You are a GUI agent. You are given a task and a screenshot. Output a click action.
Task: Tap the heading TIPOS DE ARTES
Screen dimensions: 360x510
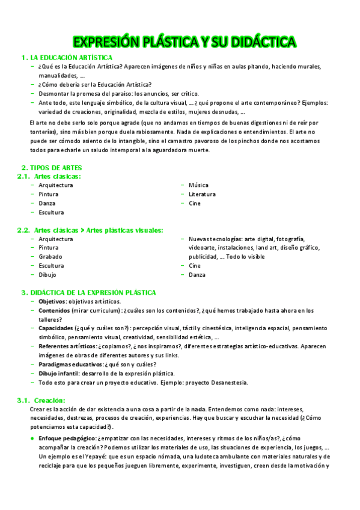(x=56, y=167)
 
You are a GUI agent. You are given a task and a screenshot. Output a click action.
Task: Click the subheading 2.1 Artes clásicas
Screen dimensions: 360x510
(x=57, y=176)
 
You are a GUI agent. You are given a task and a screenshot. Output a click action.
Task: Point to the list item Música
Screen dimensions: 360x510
(x=199, y=185)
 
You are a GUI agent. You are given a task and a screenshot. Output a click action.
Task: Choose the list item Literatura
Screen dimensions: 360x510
(x=202, y=194)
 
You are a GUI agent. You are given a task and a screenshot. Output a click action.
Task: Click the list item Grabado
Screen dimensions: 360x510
(x=50, y=257)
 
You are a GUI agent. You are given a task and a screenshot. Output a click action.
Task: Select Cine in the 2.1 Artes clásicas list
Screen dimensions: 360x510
(x=195, y=203)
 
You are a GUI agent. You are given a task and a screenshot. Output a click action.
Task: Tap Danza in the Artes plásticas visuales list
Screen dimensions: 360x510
(x=197, y=275)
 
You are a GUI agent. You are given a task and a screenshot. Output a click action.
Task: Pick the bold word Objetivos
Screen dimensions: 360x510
(x=52, y=301)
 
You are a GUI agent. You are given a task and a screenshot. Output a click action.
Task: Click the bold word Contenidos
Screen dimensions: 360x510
(x=55, y=310)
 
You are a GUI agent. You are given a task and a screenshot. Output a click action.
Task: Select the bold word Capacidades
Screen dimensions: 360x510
(x=56, y=328)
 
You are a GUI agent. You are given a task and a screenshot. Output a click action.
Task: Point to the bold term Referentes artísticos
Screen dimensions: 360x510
(x=67, y=346)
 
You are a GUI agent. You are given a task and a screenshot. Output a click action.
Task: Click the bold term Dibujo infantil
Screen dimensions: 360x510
(x=59, y=373)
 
